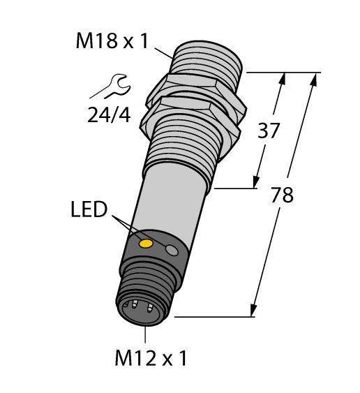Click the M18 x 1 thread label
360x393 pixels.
[x=112, y=42]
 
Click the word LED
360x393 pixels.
[x=89, y=209]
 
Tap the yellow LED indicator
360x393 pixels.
[x=147, y=243]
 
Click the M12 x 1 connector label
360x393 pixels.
[x=151, y=359]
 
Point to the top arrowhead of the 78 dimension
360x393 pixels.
[x=313, y=78]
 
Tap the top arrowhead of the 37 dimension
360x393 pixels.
[x=283, y=78]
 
